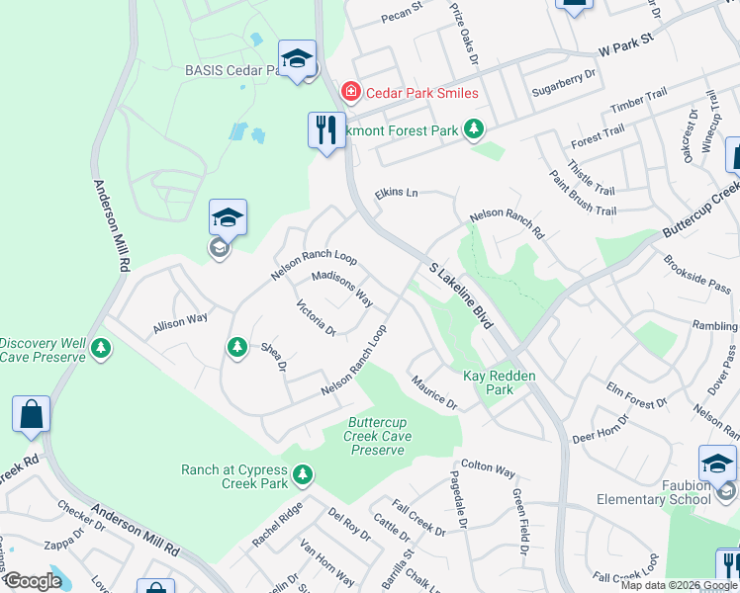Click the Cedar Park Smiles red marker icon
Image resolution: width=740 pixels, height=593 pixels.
coord(350,93)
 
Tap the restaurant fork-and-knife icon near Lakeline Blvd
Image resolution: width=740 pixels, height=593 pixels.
coord(324,127)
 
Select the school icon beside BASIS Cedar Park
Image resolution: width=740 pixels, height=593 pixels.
coord(296,58)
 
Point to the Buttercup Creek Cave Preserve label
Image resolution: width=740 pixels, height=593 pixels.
coord(378,436)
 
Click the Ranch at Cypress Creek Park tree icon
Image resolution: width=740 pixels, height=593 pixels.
coord(303,475)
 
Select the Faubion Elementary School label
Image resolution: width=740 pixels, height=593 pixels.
coord(654,492)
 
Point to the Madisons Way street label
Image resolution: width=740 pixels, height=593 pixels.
coord(341,289)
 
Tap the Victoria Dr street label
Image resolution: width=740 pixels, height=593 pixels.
coord(317,318)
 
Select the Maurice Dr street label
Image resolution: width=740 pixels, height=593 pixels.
coord(434,392)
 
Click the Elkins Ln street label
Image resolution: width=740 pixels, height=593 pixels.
coord(396,195)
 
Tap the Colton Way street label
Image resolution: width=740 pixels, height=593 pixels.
coord(488,468)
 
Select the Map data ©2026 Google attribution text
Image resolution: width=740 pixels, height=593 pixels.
coord(678,585)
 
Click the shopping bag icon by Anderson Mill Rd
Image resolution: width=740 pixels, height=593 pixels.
coord(31,415)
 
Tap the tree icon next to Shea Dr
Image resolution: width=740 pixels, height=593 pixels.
coord(235,347)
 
